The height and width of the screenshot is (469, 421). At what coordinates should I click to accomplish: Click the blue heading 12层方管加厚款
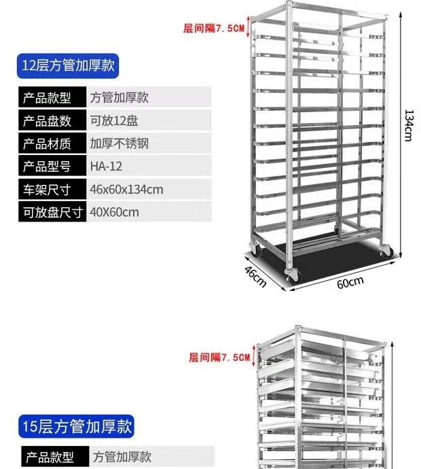tap(71, 66)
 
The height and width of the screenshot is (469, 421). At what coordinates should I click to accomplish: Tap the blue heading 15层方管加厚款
tap(75, 427)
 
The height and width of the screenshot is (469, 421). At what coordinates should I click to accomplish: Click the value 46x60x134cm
tap(126, 189)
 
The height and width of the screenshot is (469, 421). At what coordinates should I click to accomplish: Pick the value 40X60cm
tap(114, 212)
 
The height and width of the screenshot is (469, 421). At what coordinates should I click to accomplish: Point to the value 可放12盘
tap(114, 121)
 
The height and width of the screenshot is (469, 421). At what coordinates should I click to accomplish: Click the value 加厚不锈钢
tap(119, 143)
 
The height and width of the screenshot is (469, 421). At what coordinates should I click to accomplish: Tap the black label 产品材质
tap(48, 143)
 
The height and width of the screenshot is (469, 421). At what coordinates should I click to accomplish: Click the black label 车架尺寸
tap(48, 189)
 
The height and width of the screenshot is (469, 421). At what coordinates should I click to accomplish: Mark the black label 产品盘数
tap(48, 121)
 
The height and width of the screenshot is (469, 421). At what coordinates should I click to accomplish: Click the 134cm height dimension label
tap(407, 125)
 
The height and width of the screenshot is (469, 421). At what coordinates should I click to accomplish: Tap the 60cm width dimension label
tap(350, 282)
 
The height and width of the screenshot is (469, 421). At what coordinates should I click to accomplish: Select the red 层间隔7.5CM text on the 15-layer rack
tap(219, 357)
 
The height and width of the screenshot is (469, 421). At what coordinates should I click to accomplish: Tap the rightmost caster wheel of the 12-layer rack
tap(386, 249)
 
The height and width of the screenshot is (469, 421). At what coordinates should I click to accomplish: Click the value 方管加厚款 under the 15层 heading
tap(122, 457)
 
